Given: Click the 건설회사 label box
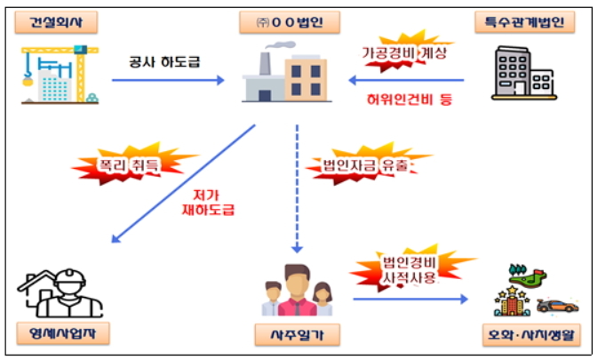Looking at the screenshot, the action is coord(56,22).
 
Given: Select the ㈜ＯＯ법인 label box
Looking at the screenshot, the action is coord(290,22).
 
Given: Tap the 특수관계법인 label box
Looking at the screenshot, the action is coord(525,22).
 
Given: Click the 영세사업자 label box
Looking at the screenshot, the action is coord(63,333).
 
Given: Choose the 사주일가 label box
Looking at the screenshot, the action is coord(297,335).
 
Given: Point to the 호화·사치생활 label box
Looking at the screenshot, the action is coord(531,335).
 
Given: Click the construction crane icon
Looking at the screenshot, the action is coord(60,75).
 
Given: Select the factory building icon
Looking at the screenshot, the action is coord(287,73).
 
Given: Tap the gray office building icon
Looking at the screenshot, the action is coord(524,73).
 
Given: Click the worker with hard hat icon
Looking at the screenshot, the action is coord(60,292).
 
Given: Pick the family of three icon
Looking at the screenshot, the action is coord(297,290).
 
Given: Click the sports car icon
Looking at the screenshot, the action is coord(558,306).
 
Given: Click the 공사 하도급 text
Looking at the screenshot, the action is coord(164,62).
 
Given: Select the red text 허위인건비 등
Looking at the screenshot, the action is coord(410,100).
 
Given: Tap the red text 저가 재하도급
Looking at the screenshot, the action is coord(208,203).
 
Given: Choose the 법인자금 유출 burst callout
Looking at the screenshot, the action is coord(366,164).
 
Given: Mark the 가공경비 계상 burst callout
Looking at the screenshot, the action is coord(405,52).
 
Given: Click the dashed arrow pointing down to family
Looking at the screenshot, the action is coord(297,188).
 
